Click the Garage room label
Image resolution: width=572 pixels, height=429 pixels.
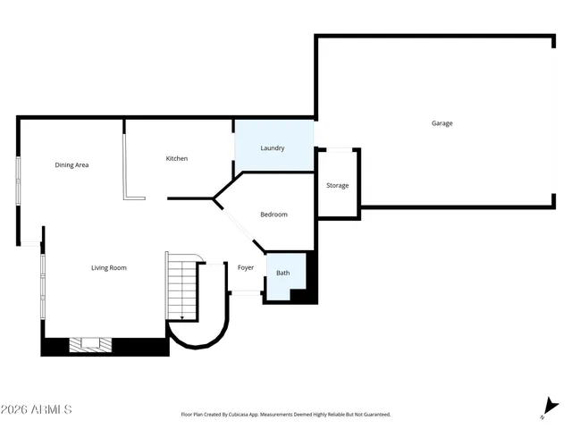tap(442, 123)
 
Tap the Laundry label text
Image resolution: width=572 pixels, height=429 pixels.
tap(273, 148)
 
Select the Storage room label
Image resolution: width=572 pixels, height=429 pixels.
tap(337, 186)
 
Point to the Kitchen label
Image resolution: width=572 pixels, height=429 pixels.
tap(177, 159)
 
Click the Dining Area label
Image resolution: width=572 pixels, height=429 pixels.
tap(71, 164)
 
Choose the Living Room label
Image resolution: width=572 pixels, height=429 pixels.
tap(109, 267)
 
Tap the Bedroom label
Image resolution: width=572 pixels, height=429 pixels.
tap(273, 214)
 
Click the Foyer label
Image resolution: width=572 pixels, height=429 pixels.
tap(245, 267)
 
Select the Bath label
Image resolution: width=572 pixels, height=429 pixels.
tap(282, 273)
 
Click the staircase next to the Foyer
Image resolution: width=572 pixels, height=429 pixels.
tap(181, 286)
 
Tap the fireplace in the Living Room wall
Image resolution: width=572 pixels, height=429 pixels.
tap(89, 342)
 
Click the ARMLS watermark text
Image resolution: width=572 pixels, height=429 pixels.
tap(37, 409)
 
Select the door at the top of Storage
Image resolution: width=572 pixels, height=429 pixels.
tap(339, 148)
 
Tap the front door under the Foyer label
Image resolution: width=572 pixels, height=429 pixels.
tap(244, 292)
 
